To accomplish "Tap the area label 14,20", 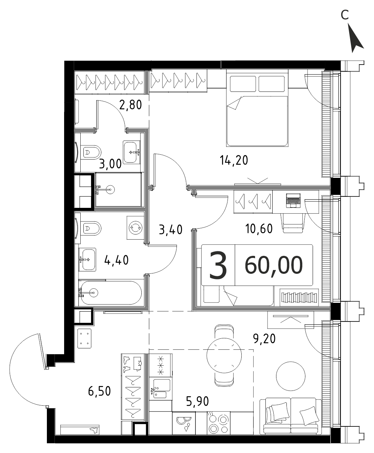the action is coord(234,161).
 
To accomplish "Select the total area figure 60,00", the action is coord(274,265).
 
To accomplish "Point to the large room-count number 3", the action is coord(218,265).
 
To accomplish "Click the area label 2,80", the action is coord(131,105).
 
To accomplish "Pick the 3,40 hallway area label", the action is coord(171,230).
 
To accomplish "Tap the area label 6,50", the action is coord(99,391).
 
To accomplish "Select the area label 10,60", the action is coord(259,229).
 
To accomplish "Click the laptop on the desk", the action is coord(293,201).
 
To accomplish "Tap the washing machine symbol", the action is coord(135,228).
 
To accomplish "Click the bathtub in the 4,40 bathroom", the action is coord(110,293).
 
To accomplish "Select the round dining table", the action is coord(224,355).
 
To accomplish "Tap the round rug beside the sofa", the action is coord(291,376).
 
